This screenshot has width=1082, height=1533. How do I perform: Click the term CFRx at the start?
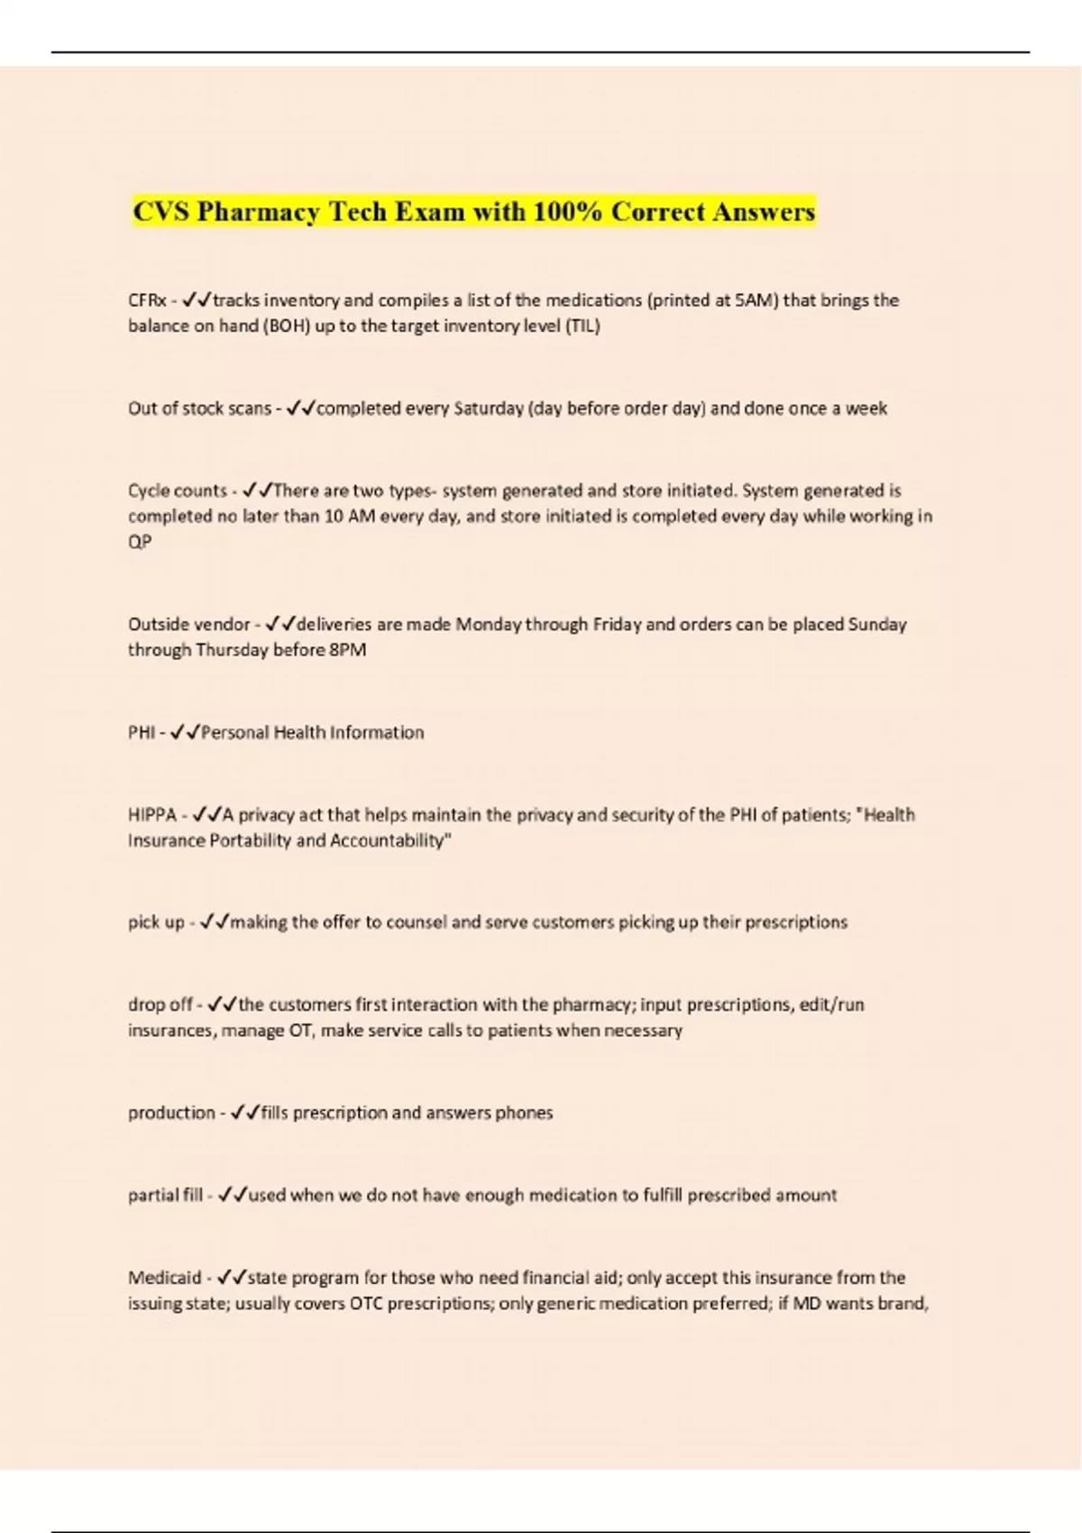pyautogui.click(x=146, y=300)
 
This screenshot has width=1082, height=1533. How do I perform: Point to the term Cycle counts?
pyautogui.click(x=177, y=491)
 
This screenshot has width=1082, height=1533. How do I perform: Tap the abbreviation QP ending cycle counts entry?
pyautogui.click(x=140, y=542)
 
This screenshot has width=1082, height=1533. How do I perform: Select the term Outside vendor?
pyautogui.click(x=188, y=624)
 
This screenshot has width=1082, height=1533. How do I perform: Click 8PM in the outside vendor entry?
pyautogui.click(x=347, y=650)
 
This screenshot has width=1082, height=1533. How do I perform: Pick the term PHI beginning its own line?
pyautogui.click(x=142, y=732)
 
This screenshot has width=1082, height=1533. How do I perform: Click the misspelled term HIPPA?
pyautogui.click(x=152, y=815)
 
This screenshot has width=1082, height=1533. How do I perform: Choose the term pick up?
pyautogui.click(x=156, y=923)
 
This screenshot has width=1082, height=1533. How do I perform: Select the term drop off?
pyautogui.click(x=160, y=1005)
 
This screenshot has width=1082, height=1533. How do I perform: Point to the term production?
pyautogui.click(x=171, y=1113)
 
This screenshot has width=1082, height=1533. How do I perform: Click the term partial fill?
pyautogui.click(x=165, y=1196)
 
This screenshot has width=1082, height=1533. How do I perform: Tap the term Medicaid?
pyautogui.click(x=164, y=1278)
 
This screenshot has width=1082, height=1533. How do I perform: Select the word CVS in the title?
pyautogui.click(x=161, y=212)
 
